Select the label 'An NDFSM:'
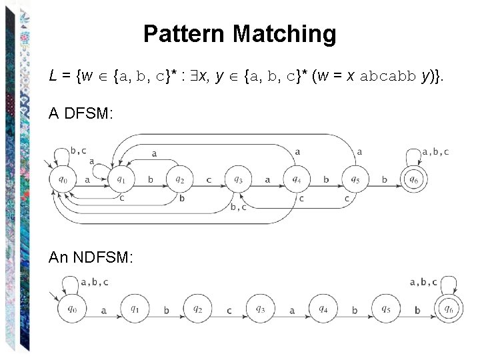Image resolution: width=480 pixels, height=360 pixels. (x=91, y=257)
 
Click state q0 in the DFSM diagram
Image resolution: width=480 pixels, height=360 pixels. (x=63, y=179)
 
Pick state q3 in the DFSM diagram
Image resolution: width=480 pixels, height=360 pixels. (x=238, y=179)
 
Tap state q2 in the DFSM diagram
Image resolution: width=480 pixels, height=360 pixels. (x=179, y=179)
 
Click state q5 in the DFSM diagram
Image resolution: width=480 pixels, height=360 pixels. (x=355, y=179)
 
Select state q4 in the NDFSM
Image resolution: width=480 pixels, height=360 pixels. (x=323, y=309)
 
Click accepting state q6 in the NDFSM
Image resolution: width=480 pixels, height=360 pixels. (x=449, y=309)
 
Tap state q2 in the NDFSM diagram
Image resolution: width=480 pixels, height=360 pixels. (x=197, y=309)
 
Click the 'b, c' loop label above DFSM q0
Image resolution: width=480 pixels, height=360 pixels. (x=78, y=151)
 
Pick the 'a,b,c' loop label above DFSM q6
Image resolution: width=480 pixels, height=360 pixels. (x=435, y=152)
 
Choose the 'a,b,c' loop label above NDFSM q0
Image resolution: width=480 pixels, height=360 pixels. (x=94, y=282)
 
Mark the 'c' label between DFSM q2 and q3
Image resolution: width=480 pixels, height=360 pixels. (x=208, y=179)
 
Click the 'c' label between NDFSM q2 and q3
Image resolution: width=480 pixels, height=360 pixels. (x=229, y=311)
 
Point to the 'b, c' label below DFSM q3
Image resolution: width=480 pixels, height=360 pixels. (x=238, y=207)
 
